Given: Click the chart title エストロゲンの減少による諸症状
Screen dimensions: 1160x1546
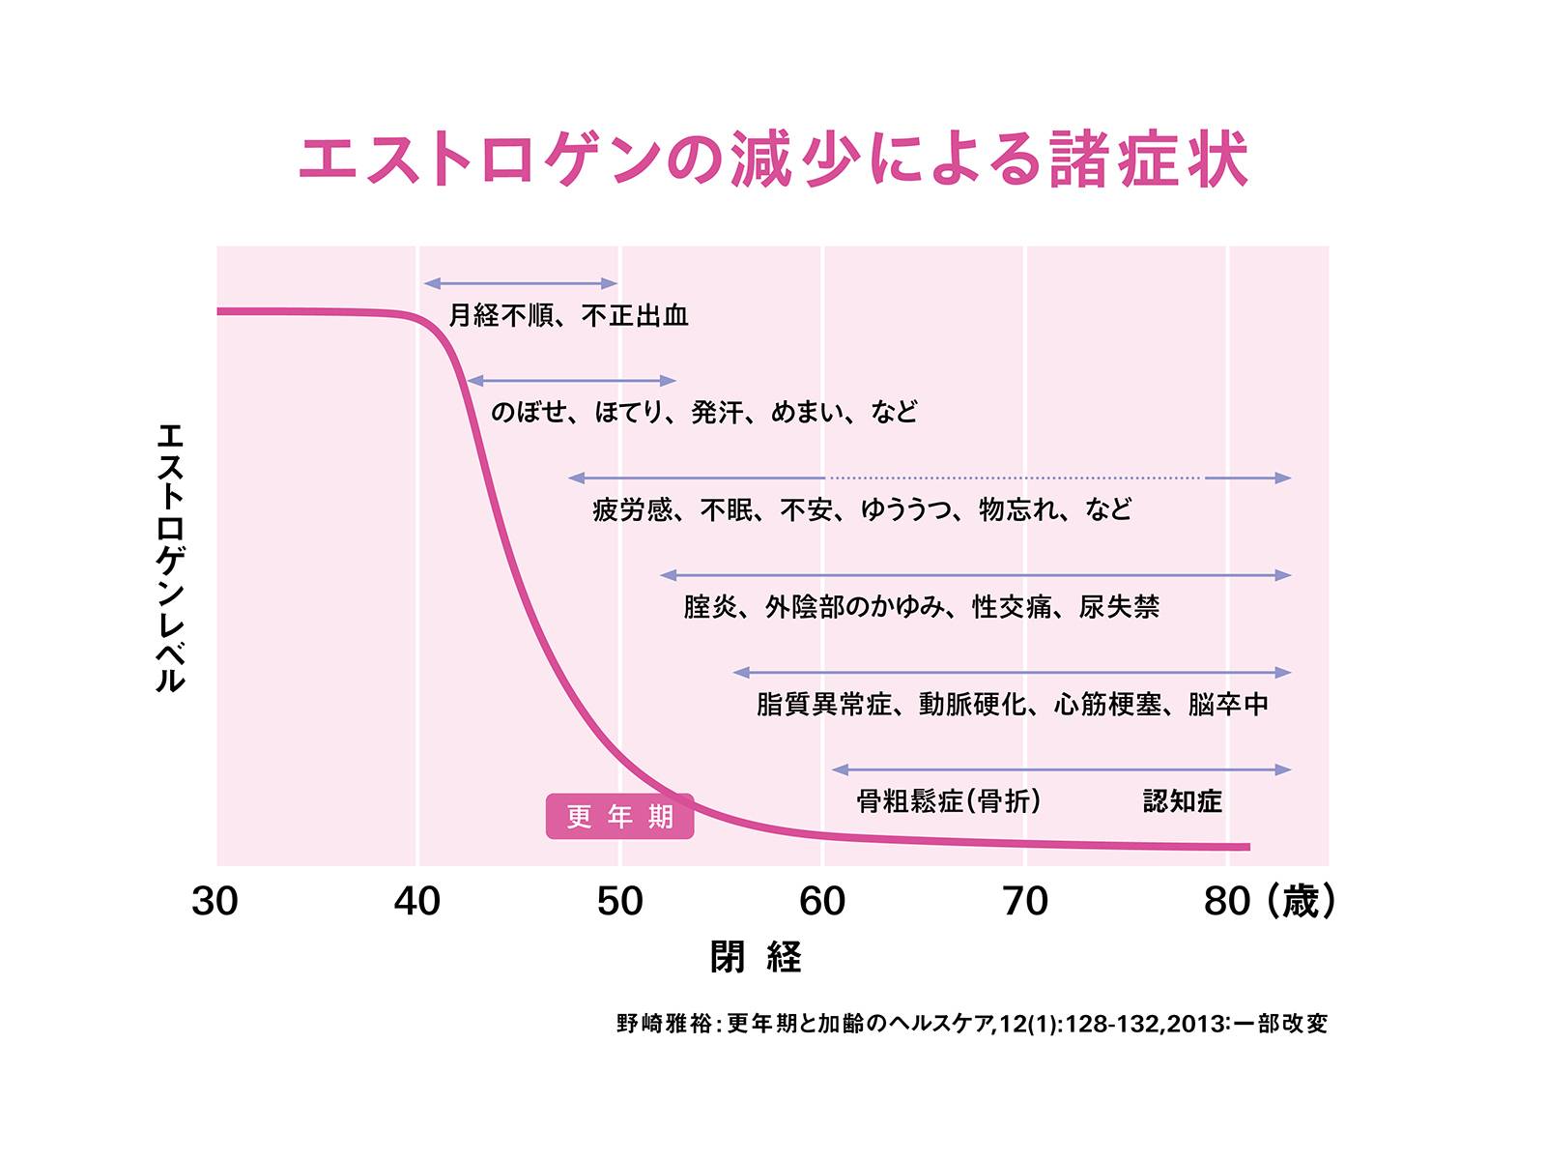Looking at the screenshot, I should (773, 159).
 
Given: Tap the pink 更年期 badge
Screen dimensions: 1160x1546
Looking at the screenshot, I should (619, 817).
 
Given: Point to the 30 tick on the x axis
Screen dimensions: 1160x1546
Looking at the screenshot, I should (215, 901).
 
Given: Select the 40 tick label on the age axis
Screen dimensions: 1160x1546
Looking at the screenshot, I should (417, 901).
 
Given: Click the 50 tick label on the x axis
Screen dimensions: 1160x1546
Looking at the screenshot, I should (619, 901).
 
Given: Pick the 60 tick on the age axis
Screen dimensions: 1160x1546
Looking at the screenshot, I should (822, 901).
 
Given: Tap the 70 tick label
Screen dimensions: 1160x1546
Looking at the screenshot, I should (1025, 901).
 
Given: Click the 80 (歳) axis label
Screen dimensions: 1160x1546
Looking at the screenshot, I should (1269, 901).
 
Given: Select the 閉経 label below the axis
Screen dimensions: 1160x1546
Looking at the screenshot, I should (756, 957).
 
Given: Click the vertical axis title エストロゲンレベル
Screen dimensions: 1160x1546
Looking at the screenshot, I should (170, 558).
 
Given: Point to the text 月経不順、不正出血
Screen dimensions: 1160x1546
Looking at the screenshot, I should (568, 316).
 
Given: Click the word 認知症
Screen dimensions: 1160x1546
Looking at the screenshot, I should (1183, 801).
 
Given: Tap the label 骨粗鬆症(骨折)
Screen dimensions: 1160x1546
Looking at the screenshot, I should (949, 801).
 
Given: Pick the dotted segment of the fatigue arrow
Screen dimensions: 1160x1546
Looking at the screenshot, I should (1015, 478).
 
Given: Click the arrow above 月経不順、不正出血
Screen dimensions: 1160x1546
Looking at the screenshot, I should (520, 283).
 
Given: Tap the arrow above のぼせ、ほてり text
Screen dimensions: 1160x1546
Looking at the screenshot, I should (571, 381).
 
